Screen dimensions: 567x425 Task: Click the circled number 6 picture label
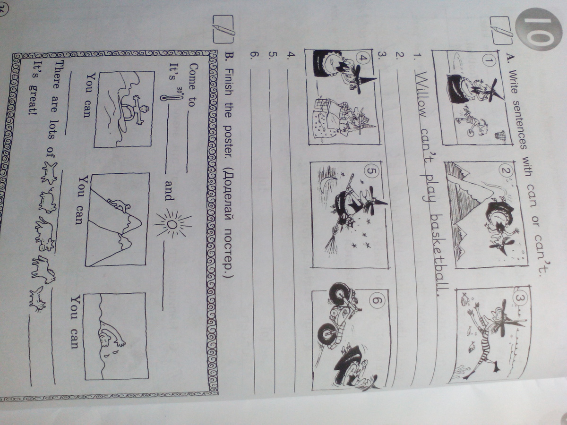[378, 300]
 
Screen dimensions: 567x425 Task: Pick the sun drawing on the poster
[172, 224]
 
